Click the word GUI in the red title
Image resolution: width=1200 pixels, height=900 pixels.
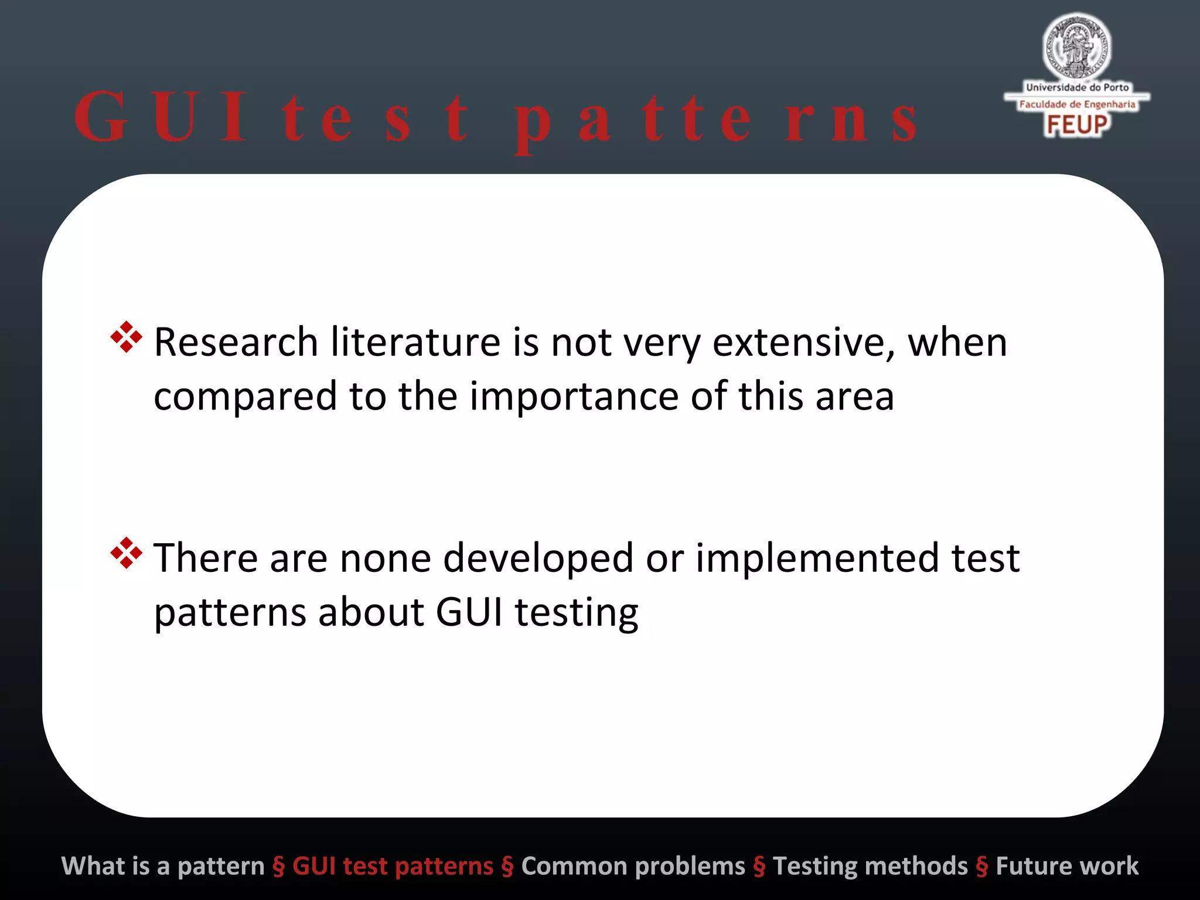click(x=161, y=117)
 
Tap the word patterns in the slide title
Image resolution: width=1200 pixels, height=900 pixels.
click(x=715, y=120)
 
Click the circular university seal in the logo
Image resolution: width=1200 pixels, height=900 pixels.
click(x=1076, y=47)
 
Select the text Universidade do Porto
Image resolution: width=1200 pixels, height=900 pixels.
click(x=1077, y=87)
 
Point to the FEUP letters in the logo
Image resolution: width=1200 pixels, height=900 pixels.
click(x=1077, y=125)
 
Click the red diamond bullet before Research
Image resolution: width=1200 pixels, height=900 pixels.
click(x=126, y=337)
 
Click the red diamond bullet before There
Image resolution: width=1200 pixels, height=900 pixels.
click(x=126, y=553)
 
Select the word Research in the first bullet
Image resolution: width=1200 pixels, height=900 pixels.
click(x=236, y=342)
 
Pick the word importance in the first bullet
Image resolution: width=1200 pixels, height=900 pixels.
click(x=574, y=397)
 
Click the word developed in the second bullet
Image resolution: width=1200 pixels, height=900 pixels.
click(x=538, y=558)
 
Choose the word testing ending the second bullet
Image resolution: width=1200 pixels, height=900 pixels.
click(x=577, y=613)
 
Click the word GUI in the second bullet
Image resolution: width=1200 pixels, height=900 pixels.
click(x=469, y=613)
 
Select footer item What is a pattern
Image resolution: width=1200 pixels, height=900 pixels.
click(x=163, y=866)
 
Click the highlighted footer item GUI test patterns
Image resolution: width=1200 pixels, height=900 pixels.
click(x=393, y=866)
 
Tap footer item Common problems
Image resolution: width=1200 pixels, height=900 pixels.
click(x=633, y=866)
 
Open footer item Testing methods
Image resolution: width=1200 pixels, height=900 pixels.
click(x=870, y=866)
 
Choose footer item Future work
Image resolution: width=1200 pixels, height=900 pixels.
click(x=1067, y=866)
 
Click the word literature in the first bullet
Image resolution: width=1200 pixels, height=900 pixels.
click(x=415, y=342)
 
